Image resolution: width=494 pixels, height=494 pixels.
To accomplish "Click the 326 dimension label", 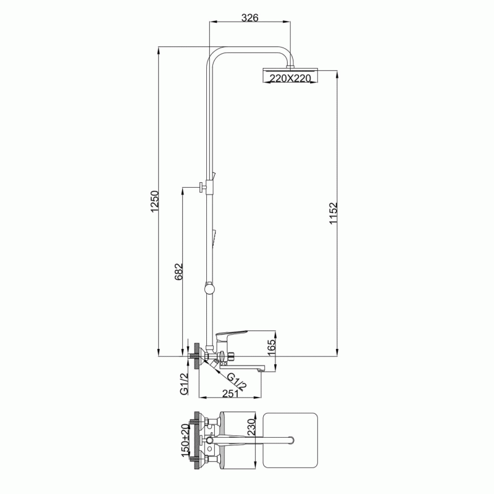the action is tap(250, 18).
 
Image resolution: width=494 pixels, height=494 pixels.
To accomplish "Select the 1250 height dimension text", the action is tap(155, 201).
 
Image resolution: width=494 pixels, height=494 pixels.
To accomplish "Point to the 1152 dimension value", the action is tap(333, 213).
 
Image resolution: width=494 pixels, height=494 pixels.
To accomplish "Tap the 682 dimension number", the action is tap(178, 271).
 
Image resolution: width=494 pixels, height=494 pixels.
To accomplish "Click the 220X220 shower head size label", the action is tap(290, 78).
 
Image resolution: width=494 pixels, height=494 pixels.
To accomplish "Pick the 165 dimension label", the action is tap(271, 348).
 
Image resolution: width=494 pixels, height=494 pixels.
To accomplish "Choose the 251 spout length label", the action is tap(230, 393).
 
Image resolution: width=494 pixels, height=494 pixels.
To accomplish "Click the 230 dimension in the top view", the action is tap(251, 427).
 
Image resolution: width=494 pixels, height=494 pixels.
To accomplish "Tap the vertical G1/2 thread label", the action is tap(184, 383).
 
